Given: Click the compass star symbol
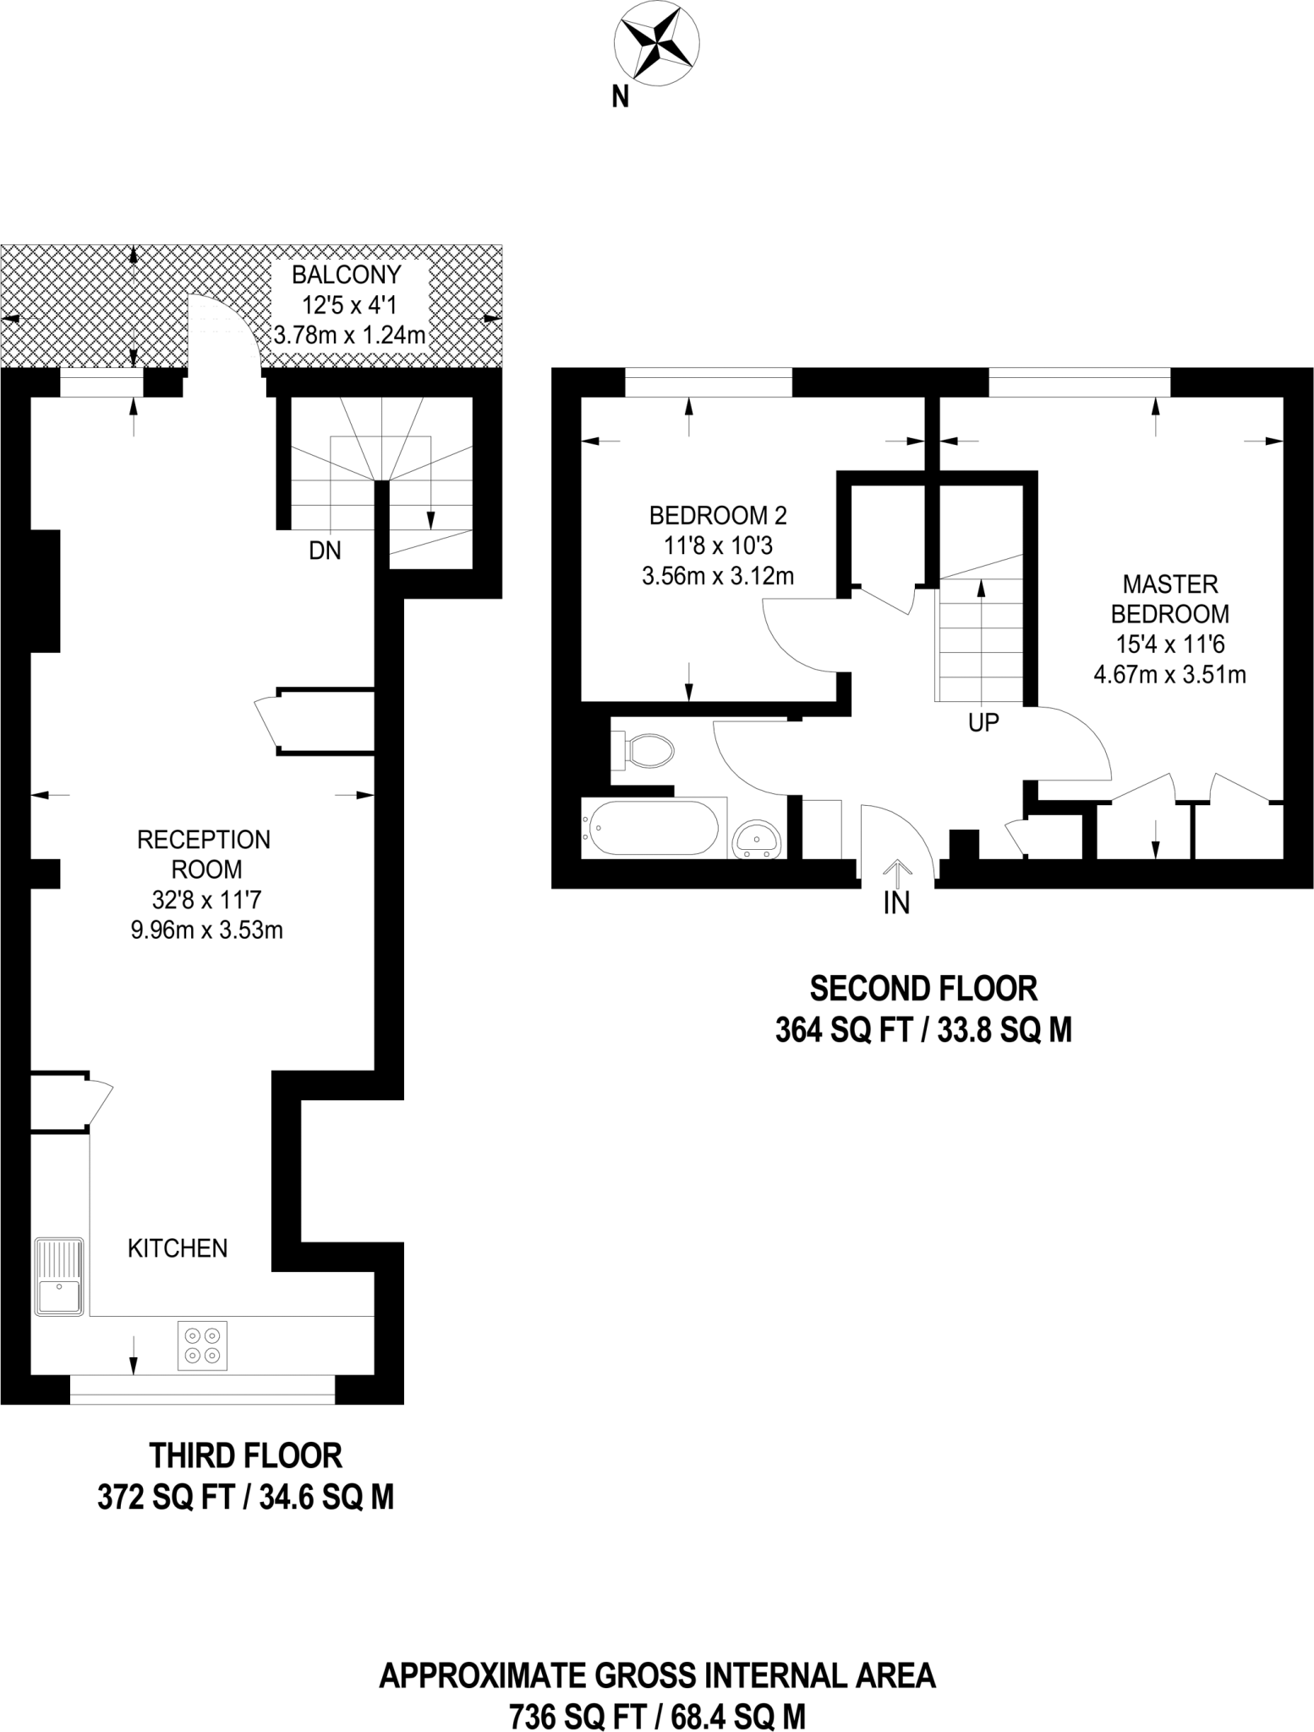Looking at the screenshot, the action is coord(656,43).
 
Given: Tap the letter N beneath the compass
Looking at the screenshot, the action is coord(621,98).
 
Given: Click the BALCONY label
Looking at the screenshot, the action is coord(347,275).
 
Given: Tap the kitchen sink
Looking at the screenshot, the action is coord(59,1276).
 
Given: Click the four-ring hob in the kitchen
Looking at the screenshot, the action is coord(203,1346).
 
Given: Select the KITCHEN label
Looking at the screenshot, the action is coord(178,1248).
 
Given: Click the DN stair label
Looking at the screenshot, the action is coord(325,551).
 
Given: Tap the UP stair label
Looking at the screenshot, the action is coord(983,722).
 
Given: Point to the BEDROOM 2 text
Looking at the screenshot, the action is coord(718,515).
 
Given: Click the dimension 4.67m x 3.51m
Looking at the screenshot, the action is coord(1170,675).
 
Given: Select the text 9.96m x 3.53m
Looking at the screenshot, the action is coord(206,930).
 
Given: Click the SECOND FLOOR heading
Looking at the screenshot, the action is coord(923,988).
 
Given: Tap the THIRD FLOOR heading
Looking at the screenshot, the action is coord(246,1455).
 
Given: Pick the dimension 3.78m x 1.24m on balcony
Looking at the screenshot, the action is coord(349,335).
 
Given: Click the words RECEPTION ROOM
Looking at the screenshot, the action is coord(204,854).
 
